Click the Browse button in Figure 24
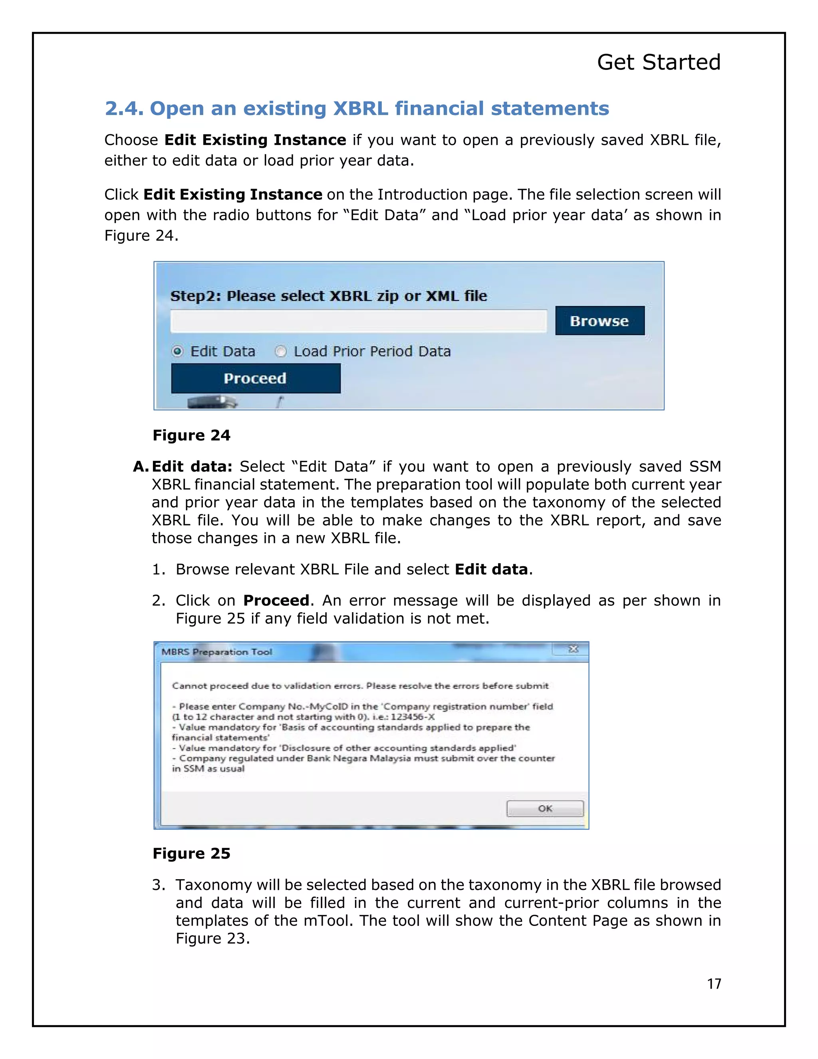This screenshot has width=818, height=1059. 600,320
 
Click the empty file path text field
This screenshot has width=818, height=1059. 358,321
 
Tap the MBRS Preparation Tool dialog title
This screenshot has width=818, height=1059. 216,652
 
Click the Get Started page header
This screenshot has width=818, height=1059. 659,62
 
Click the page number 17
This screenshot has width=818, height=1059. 714,983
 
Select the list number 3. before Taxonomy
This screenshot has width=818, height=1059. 159,885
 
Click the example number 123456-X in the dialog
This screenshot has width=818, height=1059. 412,717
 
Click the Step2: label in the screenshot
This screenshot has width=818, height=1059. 196,296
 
